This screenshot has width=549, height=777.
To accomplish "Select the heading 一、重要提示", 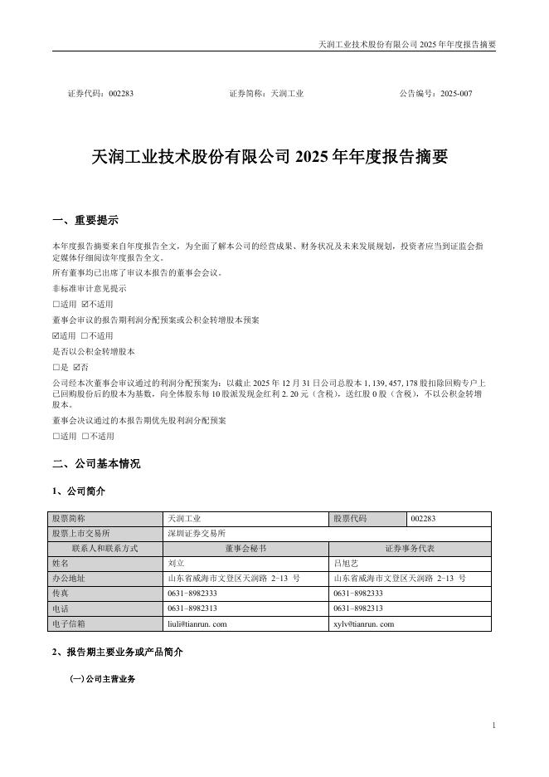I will pyautogui.click(x=85, y=220).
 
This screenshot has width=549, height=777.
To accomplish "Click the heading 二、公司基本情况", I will pyautogui.click(x=96, y=463).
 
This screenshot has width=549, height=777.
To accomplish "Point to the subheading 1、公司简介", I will pyautogui.click(x=79, y=491).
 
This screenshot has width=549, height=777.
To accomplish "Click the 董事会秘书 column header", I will pyautogui.click(x=246, y=549).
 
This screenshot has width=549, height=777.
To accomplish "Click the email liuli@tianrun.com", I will pyautogui.click(x=197, y=623).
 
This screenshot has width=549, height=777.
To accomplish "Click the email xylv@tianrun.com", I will pyautogui.click(x=363, y=623).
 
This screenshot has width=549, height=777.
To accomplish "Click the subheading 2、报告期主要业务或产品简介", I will pyautogui.click(x=117, y=652).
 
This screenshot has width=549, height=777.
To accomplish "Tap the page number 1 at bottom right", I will pyautogui.click(x=493, y=726).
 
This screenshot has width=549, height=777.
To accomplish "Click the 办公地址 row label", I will pyautogui.click(x=69, y=578).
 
